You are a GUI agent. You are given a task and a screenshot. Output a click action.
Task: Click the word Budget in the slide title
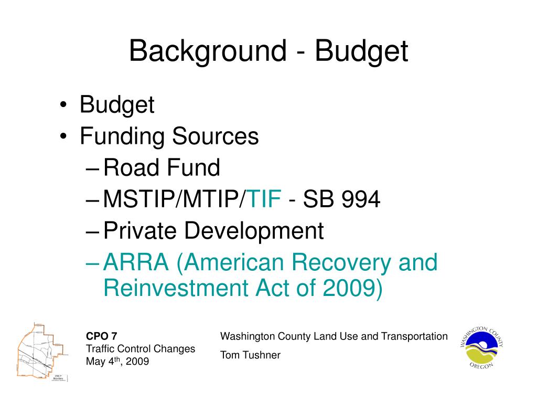361,51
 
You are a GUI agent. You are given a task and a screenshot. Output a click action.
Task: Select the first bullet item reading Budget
117,105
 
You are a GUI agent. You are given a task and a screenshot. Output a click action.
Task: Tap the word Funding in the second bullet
121,136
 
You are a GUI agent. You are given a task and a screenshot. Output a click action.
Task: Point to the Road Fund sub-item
162,168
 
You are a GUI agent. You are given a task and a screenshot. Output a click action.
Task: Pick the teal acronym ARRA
136,262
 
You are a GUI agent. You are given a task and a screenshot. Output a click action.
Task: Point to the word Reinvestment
170,288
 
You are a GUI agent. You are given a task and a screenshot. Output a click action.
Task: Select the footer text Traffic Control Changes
141,348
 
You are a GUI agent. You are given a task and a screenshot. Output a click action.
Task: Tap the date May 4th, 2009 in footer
117,362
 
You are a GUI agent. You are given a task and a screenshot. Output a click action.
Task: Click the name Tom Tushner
250,355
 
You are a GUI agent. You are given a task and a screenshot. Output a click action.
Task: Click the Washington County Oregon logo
481,348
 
